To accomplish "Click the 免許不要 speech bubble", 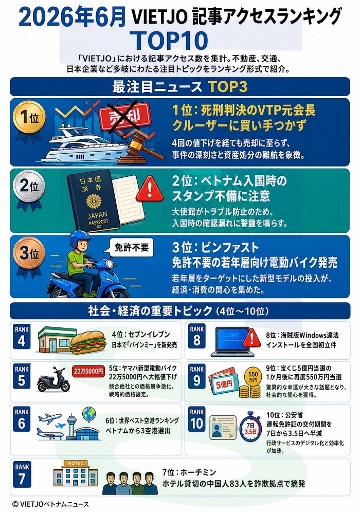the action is coord(131,248).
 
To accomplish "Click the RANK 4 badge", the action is coord(22,337).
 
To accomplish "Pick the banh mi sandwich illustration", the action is coord(88,342).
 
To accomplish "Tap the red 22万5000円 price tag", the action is coord(88,372).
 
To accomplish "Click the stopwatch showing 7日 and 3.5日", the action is coord(250,428).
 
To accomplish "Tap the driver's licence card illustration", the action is coord(223,428).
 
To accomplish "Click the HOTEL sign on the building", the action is coord(76,463).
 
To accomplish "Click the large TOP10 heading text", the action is coord(171,40).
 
